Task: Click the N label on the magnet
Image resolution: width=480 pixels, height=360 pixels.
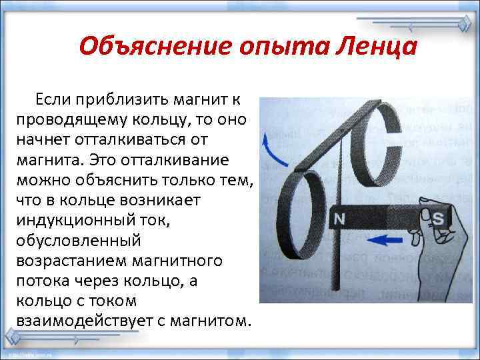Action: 339,219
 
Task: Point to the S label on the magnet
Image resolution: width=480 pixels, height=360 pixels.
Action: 438,218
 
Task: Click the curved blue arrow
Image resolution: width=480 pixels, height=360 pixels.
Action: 269,150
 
